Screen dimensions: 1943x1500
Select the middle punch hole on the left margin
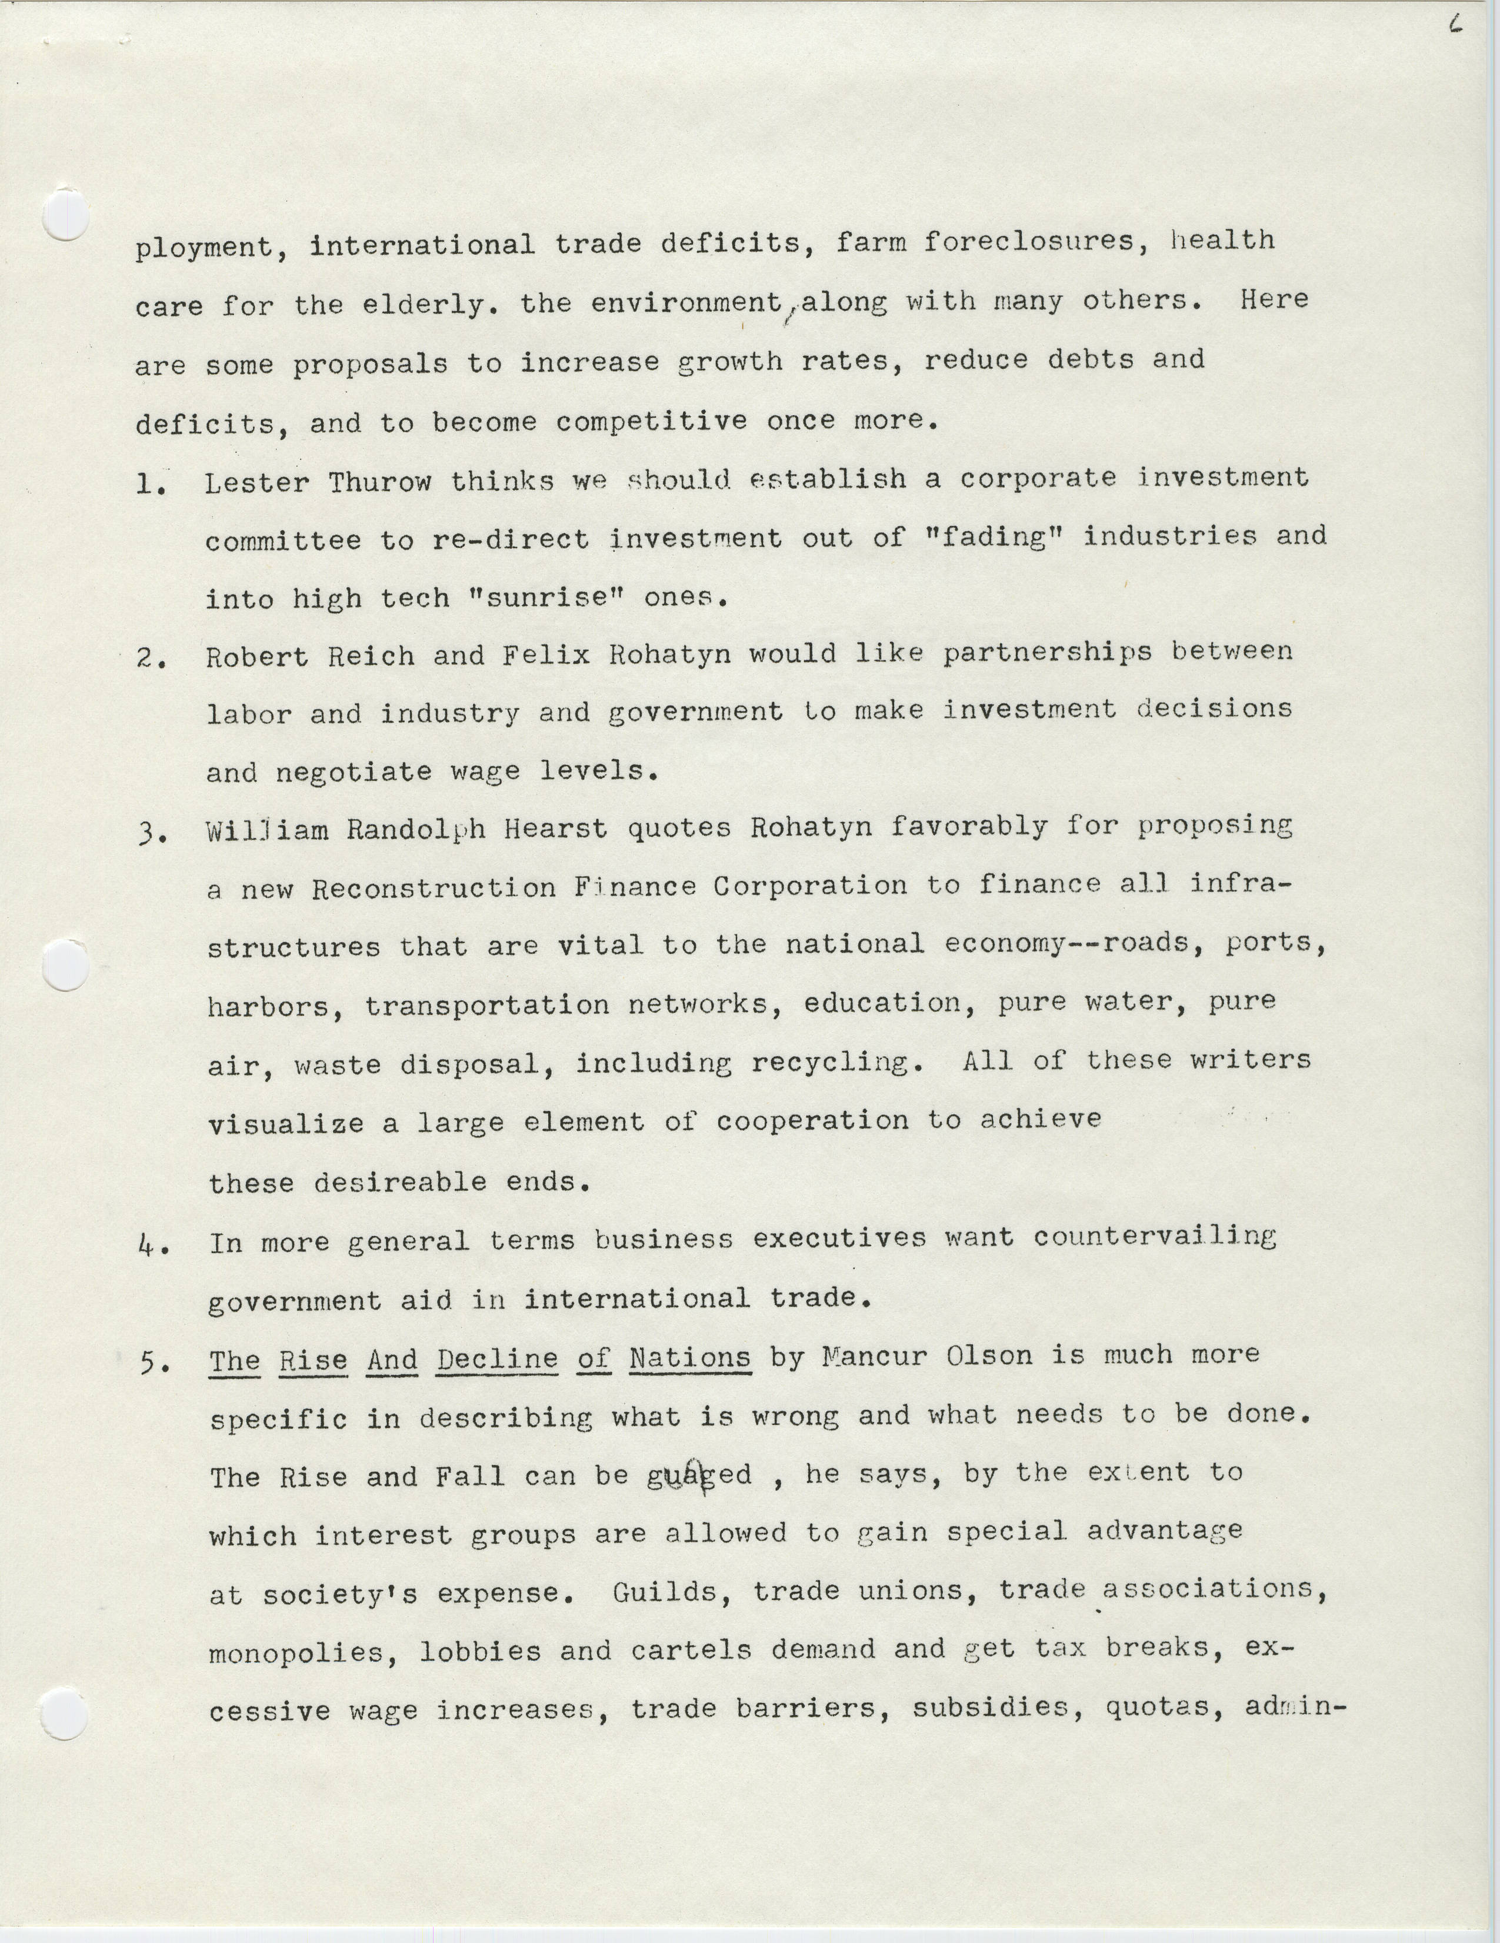tap(66, 964)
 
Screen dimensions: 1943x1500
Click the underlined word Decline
tap(497, 1360)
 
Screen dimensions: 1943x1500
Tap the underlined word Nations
tap(689, 1358)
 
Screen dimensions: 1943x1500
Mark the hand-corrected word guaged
tap(699, 1476)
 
